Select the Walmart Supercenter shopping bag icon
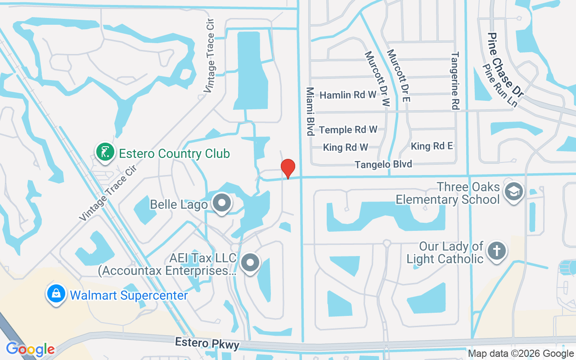(x=56, y=294)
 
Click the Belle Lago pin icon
(x=221, y=203)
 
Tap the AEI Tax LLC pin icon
(x=251, y=262)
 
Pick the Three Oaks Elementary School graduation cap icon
(x=514, y=191)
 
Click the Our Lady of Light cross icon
(x=497, y=251)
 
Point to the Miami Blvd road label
(x=310, y=111)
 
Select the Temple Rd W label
(x=348, y=130)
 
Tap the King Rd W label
(x=346, y=147)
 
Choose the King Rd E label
(x=432, y=146)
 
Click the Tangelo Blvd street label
(x=383, y=165)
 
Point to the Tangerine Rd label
(x=455, y=81)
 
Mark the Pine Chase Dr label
(x=506, y=66)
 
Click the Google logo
(x=30, y=349)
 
